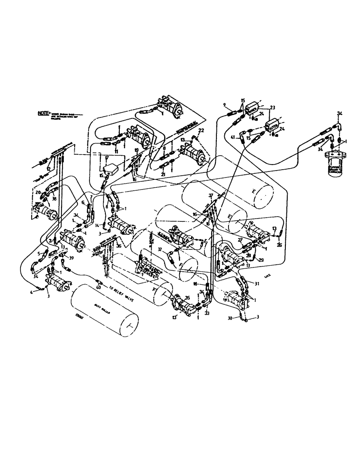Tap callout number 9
pos(224,104)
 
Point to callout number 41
pos(233,137)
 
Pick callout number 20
pos(37,192)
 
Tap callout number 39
pos(71,257)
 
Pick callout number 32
pos(159,249)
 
